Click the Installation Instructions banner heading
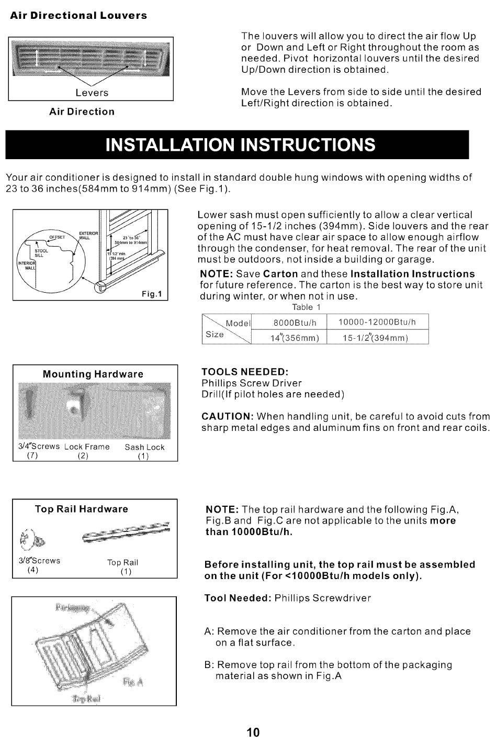[240, 145]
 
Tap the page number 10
[253, 732]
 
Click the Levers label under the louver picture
[92, 93]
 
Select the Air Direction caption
[82, 112]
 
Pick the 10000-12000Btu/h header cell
[377, 322]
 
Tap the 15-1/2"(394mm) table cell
[375, 338]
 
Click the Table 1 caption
[306, 307]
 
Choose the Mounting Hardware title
[93, 374]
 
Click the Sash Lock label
[144, 447]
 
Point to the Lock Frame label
[87, 447]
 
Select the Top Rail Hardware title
[81, 509]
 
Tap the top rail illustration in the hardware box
[126, 531]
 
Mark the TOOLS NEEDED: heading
[245, 372]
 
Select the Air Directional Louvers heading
[78, 16]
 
